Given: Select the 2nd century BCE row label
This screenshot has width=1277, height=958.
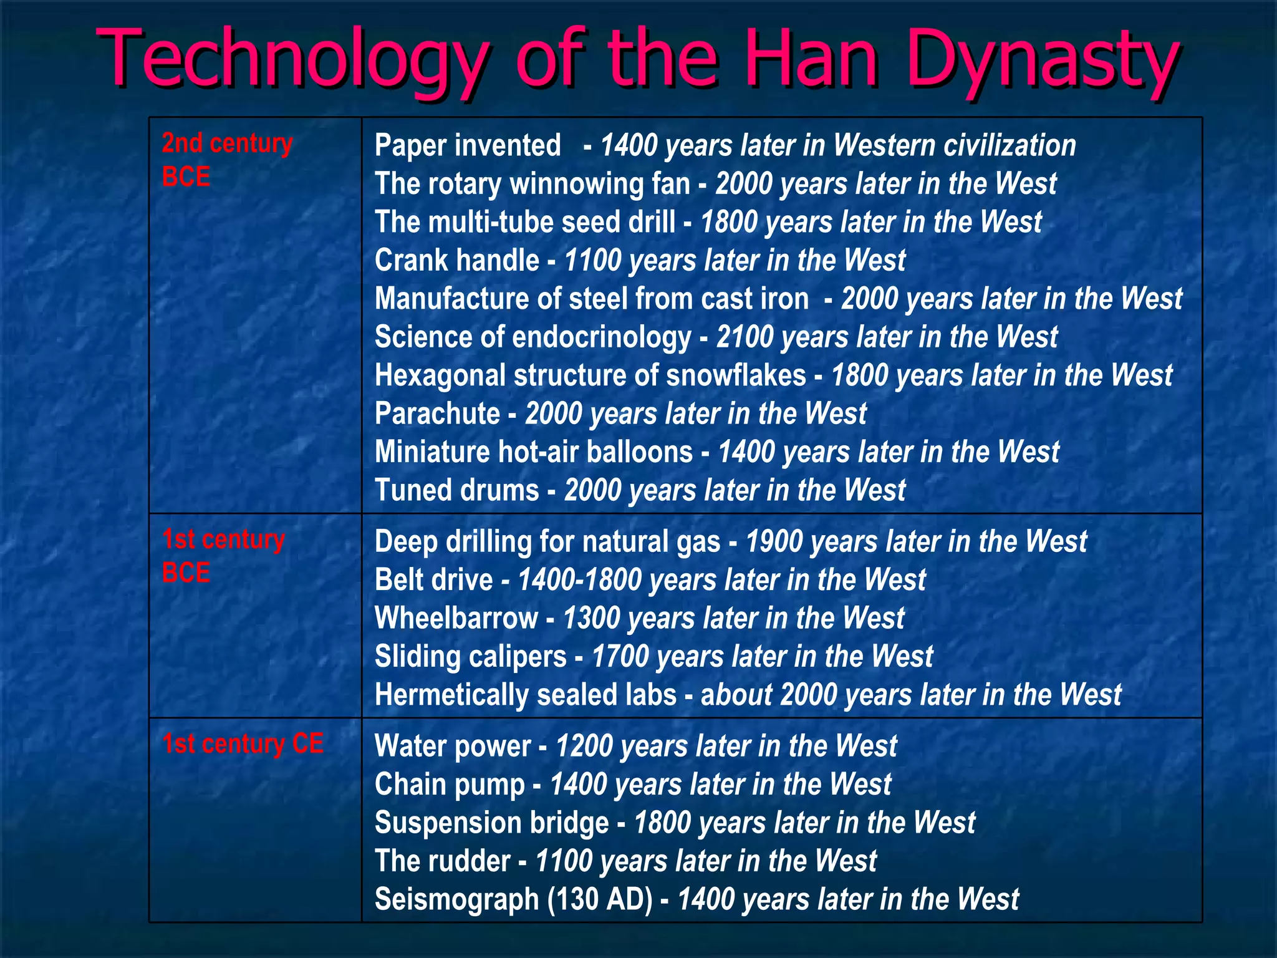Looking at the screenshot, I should pyautogui.click(x=227, y=160).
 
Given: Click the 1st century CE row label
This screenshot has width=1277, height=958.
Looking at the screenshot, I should pyautogui.click(x=243, y=743).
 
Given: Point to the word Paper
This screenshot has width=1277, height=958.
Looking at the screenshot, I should pyautogui.click(x=412, y=146).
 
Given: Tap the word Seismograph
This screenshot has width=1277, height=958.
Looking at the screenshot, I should pyautogui.click(x=456, y=899).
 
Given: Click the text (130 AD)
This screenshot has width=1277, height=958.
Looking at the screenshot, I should pyautogui.click(x=600, y=899).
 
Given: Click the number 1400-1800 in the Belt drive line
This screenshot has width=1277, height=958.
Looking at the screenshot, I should pyautogui.click(x=579, y=580).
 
